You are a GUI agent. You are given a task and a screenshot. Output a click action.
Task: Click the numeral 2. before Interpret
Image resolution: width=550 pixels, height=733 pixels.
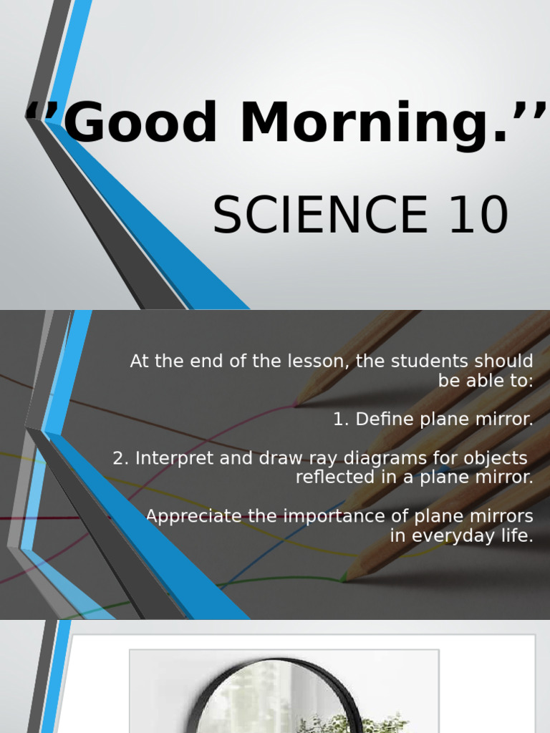point(120,458)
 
